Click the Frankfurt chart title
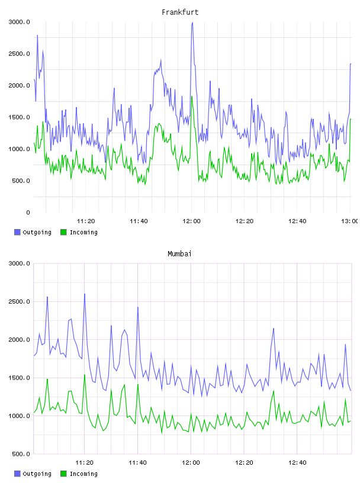(180, 12)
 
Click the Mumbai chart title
(179, 254)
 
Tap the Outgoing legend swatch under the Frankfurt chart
(17, 232)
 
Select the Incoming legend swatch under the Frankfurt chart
(63, 232)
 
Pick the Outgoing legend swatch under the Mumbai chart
(17, 474)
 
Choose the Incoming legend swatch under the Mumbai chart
(63, 474)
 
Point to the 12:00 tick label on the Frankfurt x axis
(191, 221)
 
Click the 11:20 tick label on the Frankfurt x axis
(86, 221)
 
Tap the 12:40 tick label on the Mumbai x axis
(297, 463)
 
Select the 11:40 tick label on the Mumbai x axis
(137, 463)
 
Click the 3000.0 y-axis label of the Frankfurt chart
(19, 22)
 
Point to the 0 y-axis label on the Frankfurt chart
(28, 212)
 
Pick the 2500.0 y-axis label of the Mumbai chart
(19, 301)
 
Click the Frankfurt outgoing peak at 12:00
(192, 22)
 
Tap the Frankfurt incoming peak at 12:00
(192, 96)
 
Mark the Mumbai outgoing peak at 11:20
(85, 294)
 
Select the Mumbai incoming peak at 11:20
(85, 375)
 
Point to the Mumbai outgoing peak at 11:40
(138, 307)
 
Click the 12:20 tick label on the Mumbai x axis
(244, 463)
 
